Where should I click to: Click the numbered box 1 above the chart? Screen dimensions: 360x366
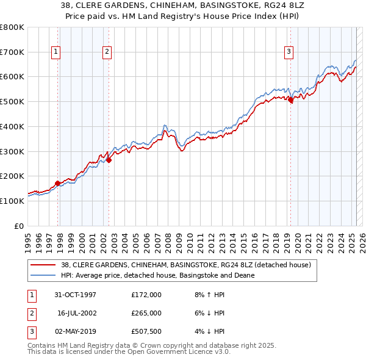coord(56,52)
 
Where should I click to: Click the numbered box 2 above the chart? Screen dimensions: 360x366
coord(107,52)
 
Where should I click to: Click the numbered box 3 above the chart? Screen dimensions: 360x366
coord(288,52)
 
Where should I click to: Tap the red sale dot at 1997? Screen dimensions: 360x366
coord(58,182)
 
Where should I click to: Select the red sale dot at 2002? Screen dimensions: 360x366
coord(109,160)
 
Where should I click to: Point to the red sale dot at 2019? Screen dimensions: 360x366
coord(290,101)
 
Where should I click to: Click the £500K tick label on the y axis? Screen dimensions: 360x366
coord(12,101)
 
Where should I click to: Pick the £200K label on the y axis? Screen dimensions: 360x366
coord(12,176)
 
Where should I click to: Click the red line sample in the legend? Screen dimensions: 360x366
coord(43,265)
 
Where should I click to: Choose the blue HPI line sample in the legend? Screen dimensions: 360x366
coord(43,275)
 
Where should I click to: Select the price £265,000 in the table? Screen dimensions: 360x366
coord(146,313)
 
